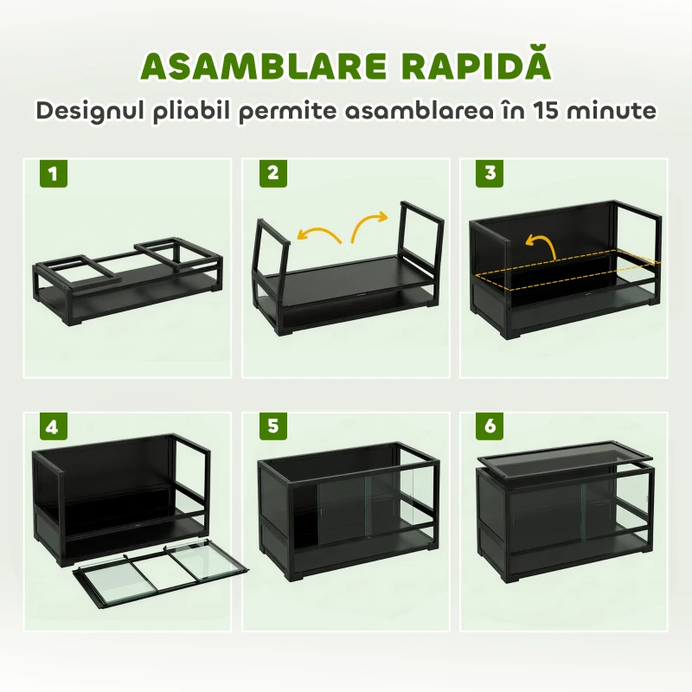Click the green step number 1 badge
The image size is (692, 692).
(x=54, y=174)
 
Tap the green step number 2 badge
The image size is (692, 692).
(x=273, y=174)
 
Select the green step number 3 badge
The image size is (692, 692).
(x=490, y=174)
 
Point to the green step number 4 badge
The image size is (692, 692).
(x=54, y=426)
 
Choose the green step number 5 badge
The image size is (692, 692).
(x=273, y=426)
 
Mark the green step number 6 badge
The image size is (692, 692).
(x=490, y=426)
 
